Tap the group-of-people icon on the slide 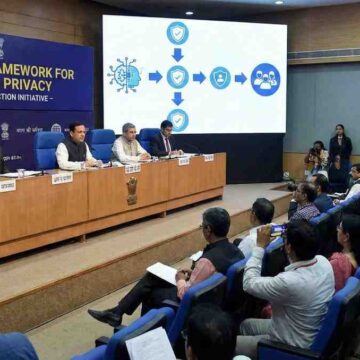pos(265,78)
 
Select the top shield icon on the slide pos(177,33)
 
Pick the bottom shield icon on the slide pos(177,120)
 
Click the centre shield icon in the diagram pos(177,76)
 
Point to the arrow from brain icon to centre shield pos(154,76)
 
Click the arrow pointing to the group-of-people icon pos(240,78)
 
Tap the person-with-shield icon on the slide pos(220,78)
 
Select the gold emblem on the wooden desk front pos(131,190)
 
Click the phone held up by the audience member pos(277,229)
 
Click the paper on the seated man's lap pos(162,272)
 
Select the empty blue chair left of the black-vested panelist pos(47,150)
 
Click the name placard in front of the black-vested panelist pos(62,178)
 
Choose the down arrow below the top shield pos(177,54)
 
